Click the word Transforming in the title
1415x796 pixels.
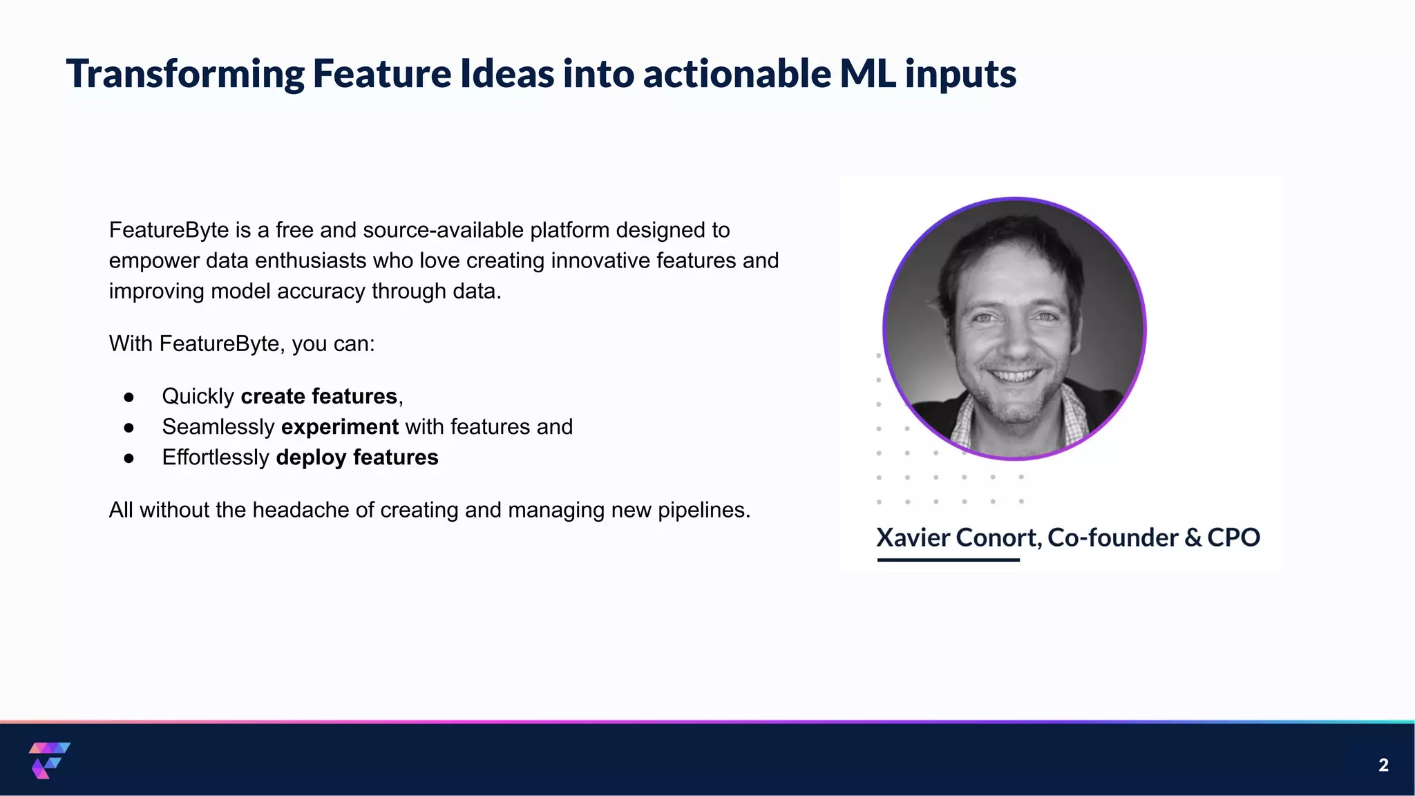click(x=185, y=74)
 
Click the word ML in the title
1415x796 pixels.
click(x=868, y=74)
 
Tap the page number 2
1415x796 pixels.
click(x=1383, y=765)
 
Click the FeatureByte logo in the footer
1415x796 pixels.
click(x=49, y=760)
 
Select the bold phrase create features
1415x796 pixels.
click(x=319, y=397)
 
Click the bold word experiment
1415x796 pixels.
click(x=340, y=427)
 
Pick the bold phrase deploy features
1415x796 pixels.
click(x=357, y=457)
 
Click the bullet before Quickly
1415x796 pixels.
click(x=129, y=397)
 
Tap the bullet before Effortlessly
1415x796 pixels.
click(x=129, y=458)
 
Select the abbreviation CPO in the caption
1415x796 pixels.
click(x=1233, y=538)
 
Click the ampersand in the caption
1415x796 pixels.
click(x=1193, y=538)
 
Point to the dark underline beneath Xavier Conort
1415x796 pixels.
click(x=948, y=560)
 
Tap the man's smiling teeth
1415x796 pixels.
click(x=1014, y=377)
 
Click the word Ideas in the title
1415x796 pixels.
click(x=507, y=74)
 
